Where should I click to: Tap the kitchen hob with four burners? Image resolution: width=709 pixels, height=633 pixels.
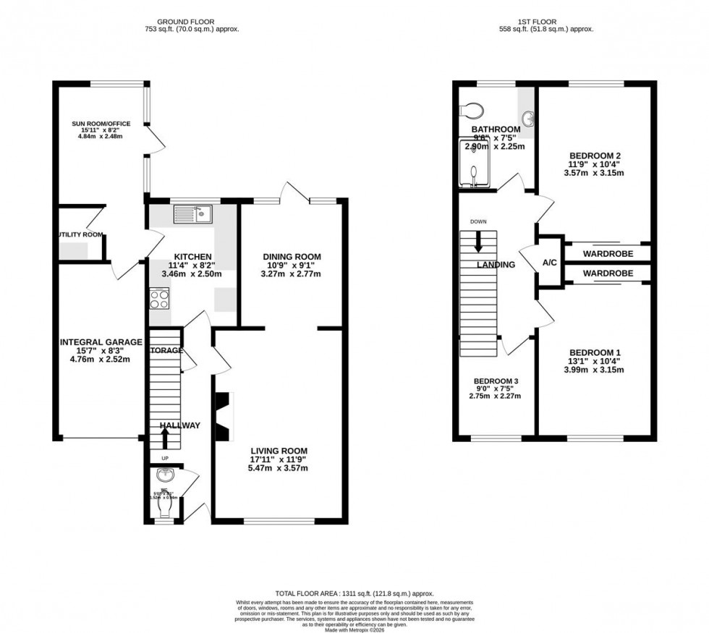[158, 297]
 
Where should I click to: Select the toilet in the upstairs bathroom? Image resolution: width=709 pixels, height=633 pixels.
[474, 109]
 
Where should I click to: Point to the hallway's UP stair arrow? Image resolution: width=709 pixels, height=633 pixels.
[164, 438]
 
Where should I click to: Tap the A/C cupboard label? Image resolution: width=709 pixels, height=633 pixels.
[549, 262]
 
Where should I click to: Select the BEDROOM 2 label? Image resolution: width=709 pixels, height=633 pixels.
[595, 156]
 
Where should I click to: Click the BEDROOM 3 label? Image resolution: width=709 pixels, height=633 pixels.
[496, 381]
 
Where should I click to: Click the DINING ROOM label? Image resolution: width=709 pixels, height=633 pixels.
[292, 257]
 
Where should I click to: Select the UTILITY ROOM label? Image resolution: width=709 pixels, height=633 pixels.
[80, 234]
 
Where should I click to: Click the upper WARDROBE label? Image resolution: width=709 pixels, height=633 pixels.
[608, 254]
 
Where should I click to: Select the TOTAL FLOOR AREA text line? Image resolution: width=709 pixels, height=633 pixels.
[354, 592]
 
